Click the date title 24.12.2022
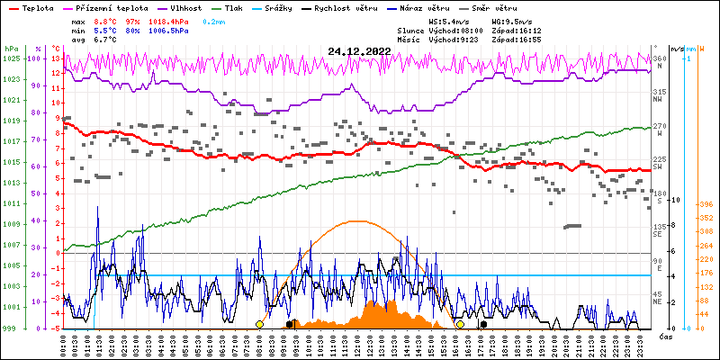coord(360,51)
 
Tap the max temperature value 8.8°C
coord(105,19)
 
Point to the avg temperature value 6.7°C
coord(105,40)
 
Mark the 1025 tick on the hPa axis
coord(11,58)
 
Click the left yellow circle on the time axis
coord(259,324)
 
